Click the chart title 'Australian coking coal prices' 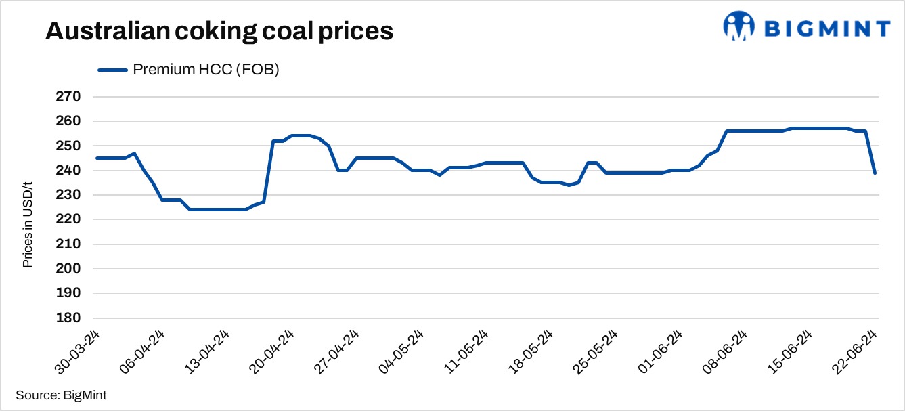[x=219, y=31]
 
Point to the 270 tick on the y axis [x=68, y=97]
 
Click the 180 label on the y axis [x=68, y=318]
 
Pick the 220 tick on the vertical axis [x=68, y=219]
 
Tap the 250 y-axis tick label [x=68, y=146]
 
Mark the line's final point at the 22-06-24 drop [x=875, y=173]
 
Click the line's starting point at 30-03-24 [x=97, y=158]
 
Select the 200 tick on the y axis [x=68, y=269]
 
